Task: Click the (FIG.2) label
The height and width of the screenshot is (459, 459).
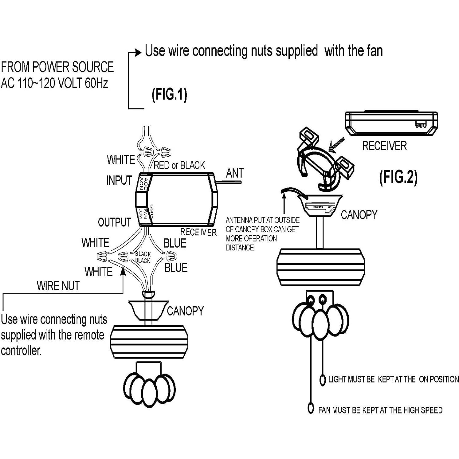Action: point(398,177)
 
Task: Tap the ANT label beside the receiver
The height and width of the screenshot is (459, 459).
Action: point(235,173)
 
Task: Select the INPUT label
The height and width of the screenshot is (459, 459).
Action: point(119,180)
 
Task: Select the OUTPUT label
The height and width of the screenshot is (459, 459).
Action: point(114,222)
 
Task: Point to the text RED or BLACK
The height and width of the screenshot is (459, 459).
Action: point(179,166)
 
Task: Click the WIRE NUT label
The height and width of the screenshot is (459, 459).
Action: point(58,286)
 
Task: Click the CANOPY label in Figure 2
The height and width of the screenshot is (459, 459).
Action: point(359,215)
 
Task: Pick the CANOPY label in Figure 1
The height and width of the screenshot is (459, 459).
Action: point(185,311)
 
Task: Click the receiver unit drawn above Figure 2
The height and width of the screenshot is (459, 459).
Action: point(391,123)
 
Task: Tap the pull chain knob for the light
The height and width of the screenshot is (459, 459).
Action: point(322,380)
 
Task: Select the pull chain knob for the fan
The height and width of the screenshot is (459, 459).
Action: point(311,408)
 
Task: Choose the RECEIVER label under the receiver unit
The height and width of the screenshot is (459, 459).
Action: point(384,146)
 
